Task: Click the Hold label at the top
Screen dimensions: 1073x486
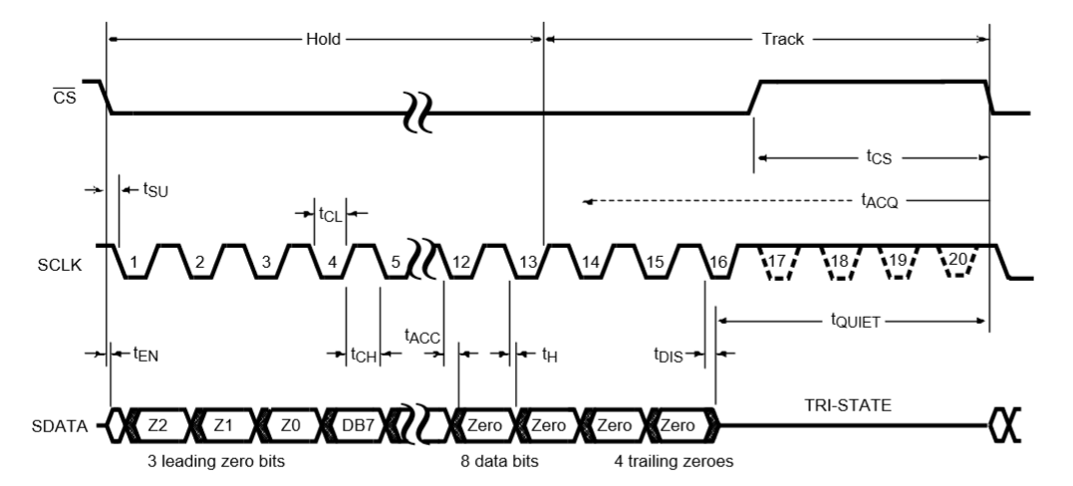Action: [323, 39]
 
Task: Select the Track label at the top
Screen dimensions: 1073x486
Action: [783, 39]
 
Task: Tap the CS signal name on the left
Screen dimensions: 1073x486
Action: [65, 98]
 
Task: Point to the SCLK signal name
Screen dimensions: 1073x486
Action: [60, 265]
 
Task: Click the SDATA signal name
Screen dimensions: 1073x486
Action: [60, 426]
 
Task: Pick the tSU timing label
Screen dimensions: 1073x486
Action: [155, 189]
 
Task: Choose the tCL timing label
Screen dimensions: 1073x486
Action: [330, 214]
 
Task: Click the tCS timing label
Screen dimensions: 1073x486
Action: [880, 157]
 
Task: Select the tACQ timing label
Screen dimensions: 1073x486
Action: [880, 200]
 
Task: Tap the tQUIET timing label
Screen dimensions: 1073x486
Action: [856, 320]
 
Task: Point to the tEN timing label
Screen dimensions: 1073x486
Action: [145, 354]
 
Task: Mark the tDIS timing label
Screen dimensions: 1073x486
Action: [668, 355]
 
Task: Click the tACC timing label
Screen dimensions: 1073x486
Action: [422, 336]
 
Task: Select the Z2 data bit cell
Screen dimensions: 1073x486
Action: [158, 426]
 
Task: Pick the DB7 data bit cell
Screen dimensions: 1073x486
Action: [358, 426]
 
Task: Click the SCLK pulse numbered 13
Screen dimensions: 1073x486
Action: [528, 262]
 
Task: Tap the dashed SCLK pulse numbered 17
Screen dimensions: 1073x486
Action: [777, 262]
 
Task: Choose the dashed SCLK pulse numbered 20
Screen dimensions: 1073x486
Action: [957, 262]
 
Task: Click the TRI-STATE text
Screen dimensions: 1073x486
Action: [847, 406]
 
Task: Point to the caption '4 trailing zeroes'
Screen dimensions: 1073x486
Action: [673, 461]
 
